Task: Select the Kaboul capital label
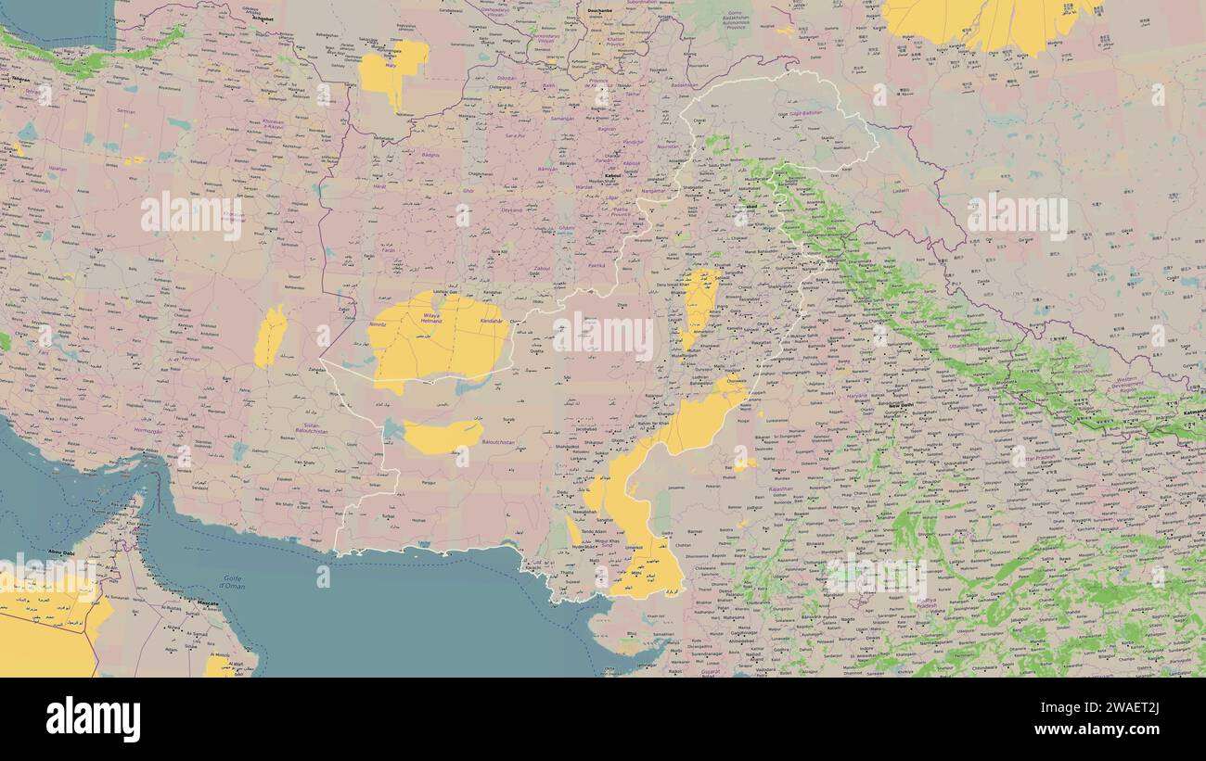click(612, 175)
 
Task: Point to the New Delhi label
click(901, 406)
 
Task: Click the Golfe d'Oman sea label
click(232, 583)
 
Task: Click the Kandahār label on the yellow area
click(493, 320)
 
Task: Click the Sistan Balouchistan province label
click(312, 428)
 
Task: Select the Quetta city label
click(536, 351)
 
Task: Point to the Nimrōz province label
click(378, 325)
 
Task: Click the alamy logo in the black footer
click(93, 719)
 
